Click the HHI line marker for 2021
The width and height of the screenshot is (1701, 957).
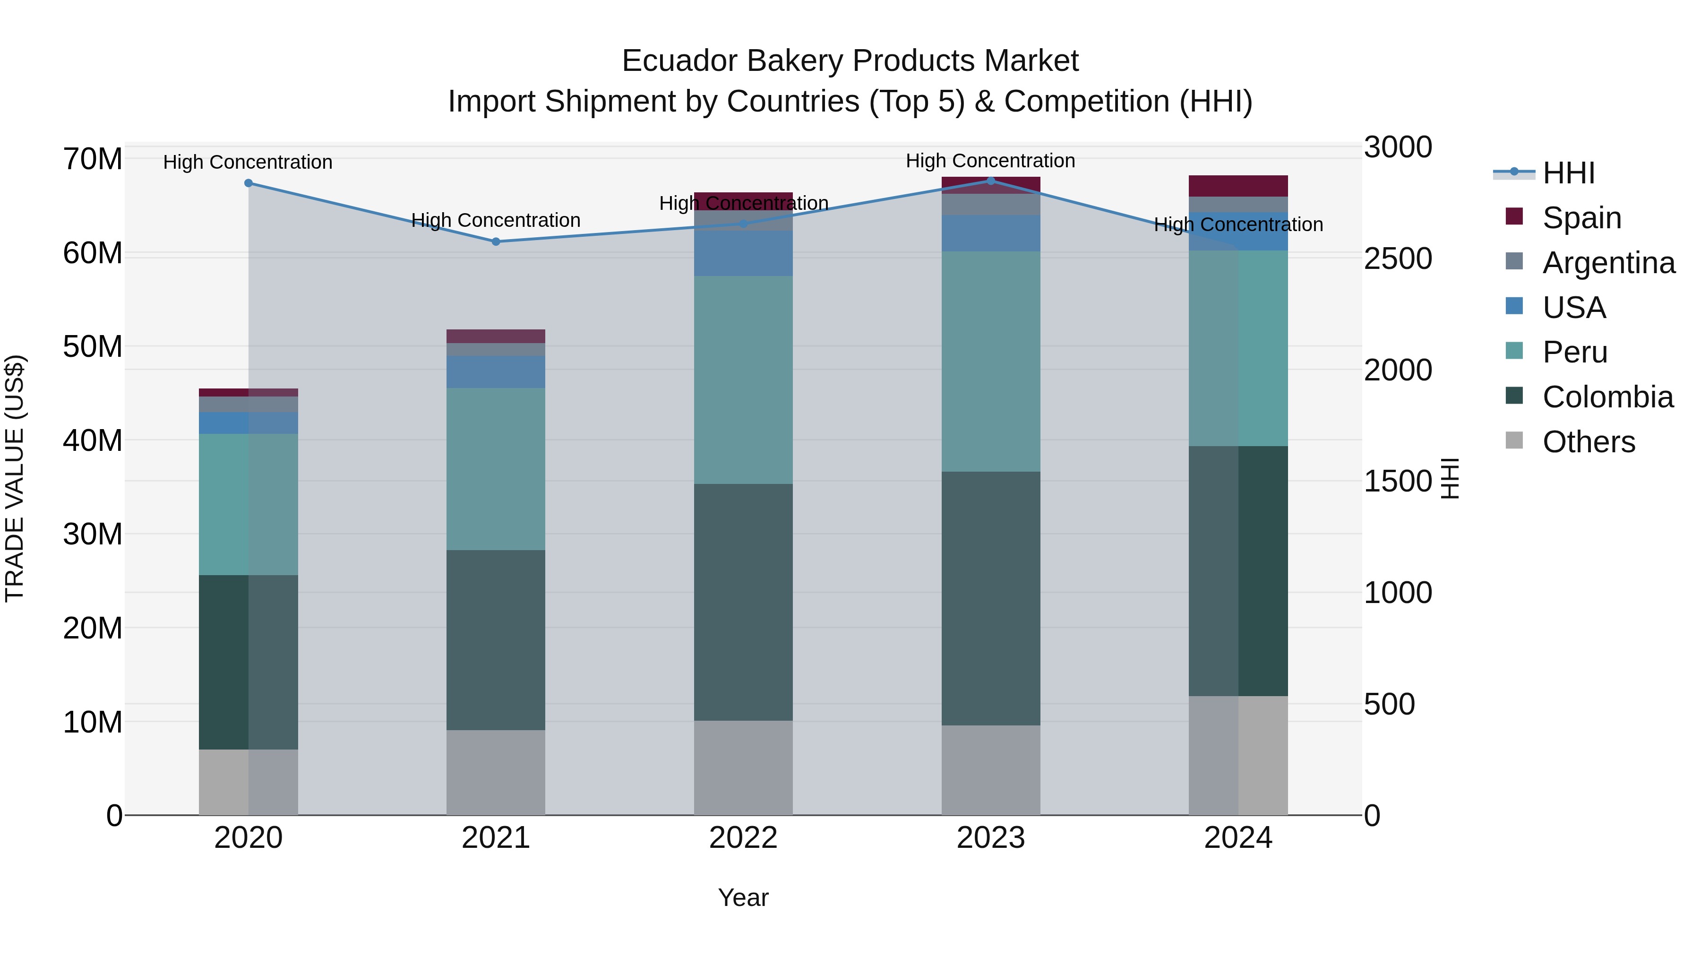tap(496, 241)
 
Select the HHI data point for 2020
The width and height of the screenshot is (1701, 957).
tap(248, 183)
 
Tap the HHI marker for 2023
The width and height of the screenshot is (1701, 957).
tap(990, 181)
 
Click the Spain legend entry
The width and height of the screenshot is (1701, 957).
tap(1581, 218)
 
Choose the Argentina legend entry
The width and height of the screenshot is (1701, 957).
tap(1608, 263)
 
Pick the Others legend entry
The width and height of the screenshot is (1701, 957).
tap(1588, 442)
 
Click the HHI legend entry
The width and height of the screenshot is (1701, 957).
tap(1568, 173)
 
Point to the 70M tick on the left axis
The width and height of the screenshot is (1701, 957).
tap(93, 159)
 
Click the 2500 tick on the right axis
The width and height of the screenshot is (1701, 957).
tap(1398, 259)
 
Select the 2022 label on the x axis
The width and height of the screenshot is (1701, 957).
tap(743, 838)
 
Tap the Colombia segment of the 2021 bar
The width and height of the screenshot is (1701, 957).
tap(496, 639)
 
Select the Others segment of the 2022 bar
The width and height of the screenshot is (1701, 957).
tap(743, 767)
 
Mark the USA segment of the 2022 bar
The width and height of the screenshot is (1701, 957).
tap(743, 253)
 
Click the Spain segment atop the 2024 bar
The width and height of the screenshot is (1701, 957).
tap(1238, 186)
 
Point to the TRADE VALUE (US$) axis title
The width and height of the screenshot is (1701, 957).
tap(15, 478)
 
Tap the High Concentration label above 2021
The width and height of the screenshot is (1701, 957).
tap(496, 221)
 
